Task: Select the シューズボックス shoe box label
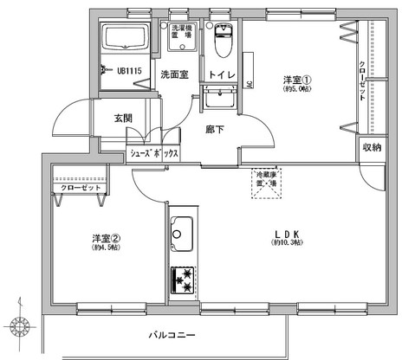click(154, 153)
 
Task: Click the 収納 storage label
click(372, 147)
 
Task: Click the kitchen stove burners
click(183, 280)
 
